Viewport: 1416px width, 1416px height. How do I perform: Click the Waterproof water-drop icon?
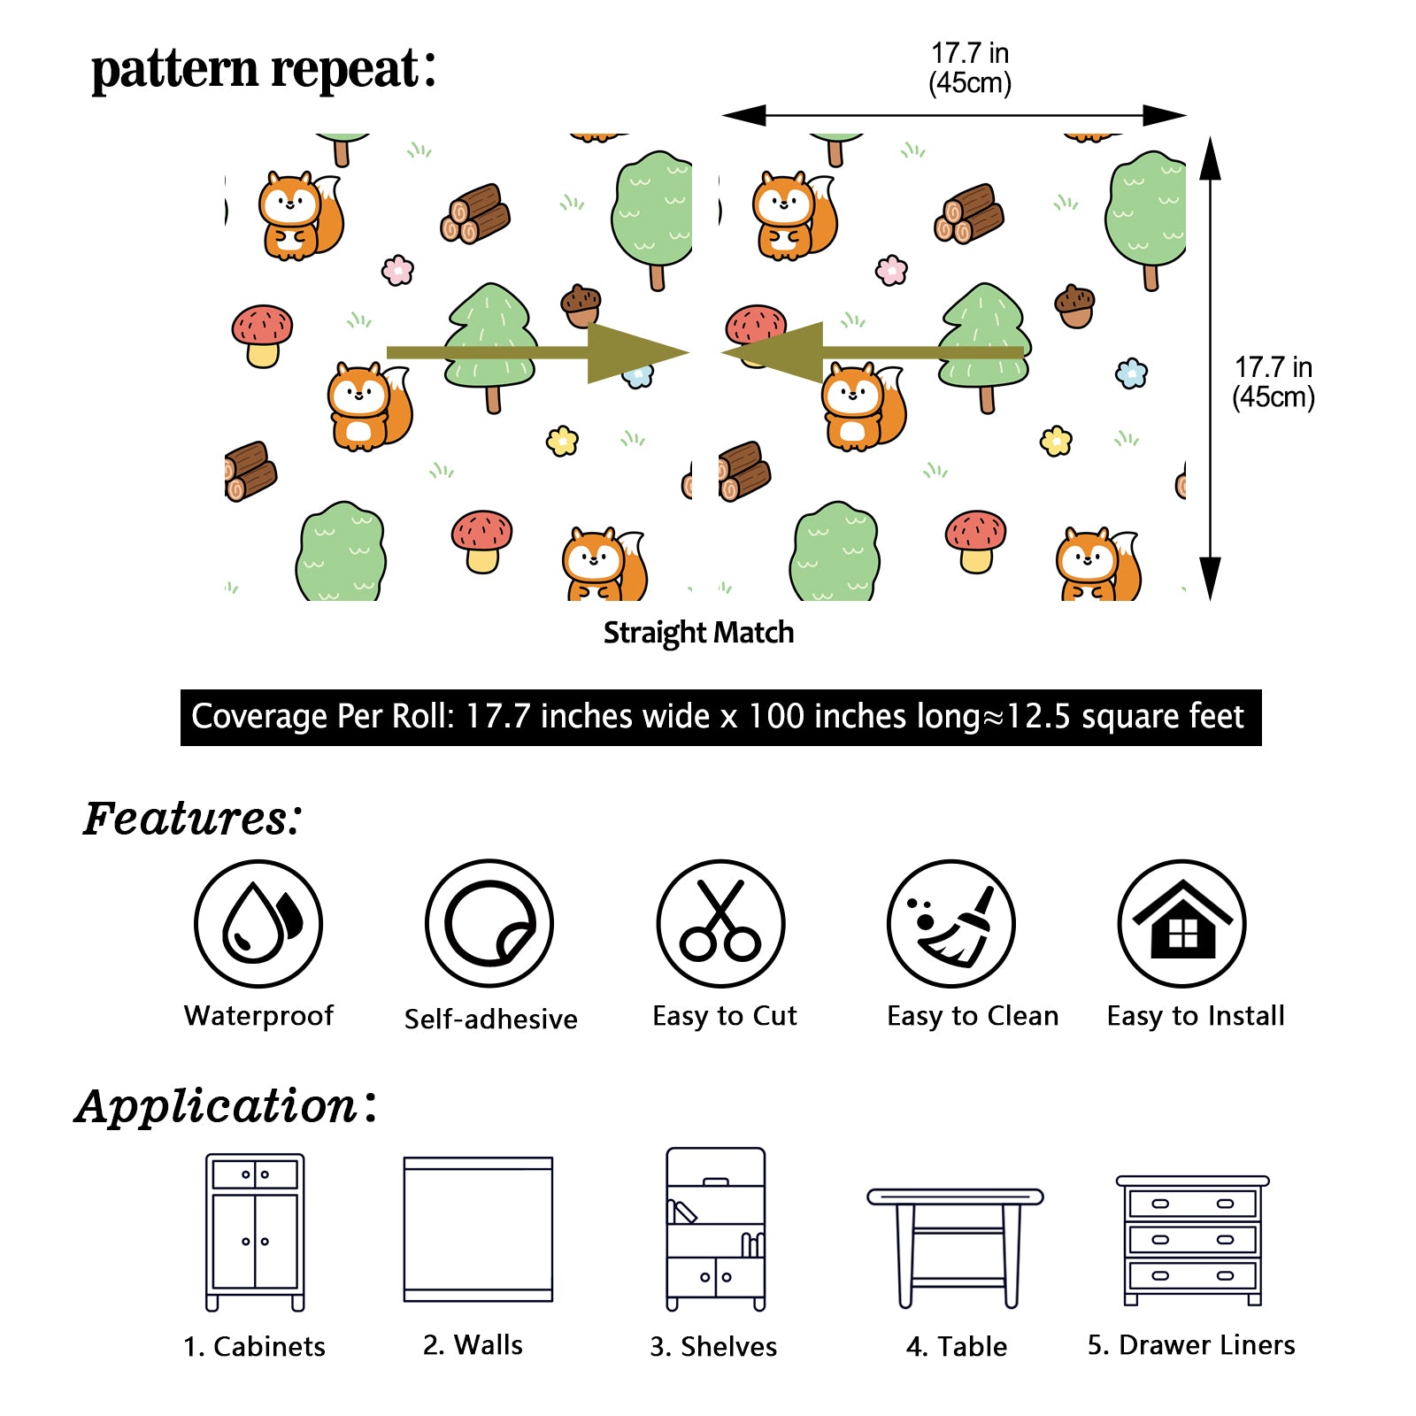pos(258,923)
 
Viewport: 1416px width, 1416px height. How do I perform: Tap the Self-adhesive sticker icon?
pos(489,923)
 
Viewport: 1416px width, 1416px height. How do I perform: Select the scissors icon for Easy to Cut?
pos(720,923)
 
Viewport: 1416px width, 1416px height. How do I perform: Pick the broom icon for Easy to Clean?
pos(951,923)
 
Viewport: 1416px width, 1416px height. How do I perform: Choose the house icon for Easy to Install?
pos(1182,923)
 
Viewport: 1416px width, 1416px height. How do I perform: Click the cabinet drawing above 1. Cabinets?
pos(255,1232)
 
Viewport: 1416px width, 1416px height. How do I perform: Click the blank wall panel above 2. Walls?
pos(478,1228)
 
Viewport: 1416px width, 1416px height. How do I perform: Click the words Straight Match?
pos(698,633)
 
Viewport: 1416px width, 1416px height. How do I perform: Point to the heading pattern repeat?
pos(263,69)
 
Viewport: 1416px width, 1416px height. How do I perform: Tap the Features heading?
pos(192,819)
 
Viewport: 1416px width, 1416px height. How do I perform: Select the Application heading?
pos(226,1106)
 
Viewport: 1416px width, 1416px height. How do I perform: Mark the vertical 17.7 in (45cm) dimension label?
pos(1273,381)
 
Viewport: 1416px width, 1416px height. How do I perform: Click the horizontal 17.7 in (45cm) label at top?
pos(970,68)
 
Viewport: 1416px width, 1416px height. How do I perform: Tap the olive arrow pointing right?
pos(537,352)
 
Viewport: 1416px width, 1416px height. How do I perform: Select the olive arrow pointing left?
pos(873,352)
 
